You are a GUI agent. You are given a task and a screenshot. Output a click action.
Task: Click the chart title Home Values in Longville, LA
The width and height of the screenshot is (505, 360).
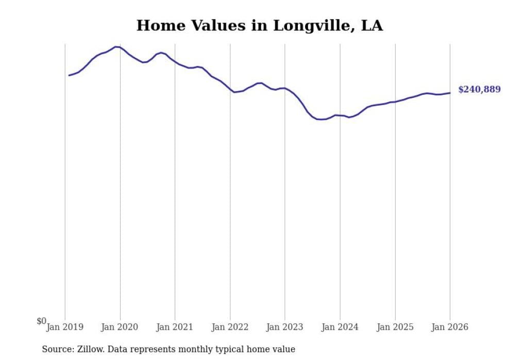259,25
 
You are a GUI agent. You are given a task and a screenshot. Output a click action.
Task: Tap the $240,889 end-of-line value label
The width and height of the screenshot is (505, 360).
479,90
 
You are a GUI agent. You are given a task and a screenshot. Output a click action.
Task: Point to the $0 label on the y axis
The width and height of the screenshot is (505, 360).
41,321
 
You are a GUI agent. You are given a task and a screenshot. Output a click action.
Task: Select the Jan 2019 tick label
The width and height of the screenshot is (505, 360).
64,327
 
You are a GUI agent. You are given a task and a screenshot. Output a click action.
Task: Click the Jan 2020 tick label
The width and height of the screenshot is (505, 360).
120,327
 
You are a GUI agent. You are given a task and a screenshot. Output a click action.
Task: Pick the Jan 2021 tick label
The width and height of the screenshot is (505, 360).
175,327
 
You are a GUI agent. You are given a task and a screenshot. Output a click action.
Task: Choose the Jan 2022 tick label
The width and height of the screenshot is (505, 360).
230,327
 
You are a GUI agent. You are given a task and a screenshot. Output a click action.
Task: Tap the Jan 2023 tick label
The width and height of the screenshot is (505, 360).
285,327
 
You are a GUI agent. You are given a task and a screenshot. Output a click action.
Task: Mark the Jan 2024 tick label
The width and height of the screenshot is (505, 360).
340,327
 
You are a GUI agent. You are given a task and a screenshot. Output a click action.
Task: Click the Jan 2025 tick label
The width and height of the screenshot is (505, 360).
395,327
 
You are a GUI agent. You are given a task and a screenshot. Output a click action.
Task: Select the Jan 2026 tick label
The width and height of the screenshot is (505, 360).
450,327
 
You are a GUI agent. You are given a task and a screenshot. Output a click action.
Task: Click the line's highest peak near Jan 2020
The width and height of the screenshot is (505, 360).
116,47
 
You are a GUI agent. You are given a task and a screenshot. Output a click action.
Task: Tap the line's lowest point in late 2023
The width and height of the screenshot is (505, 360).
321,119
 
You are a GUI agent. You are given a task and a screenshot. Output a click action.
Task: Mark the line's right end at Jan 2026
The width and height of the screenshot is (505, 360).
450,93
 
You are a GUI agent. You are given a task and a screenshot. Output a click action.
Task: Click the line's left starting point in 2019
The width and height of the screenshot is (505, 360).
69,75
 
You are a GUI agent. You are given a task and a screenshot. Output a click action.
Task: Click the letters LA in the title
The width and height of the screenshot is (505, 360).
372,25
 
